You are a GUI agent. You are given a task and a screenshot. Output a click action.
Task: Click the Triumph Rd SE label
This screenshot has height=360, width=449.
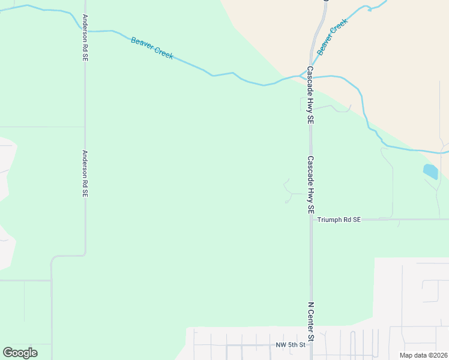click(x=339, y=220)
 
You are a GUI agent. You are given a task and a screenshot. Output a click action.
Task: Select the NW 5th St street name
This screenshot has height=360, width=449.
click(x=291, y=345)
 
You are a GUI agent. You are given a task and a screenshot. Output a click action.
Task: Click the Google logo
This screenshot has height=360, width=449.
click(x=20, y=353)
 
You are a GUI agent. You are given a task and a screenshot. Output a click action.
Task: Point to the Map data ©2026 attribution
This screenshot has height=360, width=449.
click(x=424, y=355)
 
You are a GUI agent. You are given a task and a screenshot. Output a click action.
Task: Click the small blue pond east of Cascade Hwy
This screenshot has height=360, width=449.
click(x=430, y=172)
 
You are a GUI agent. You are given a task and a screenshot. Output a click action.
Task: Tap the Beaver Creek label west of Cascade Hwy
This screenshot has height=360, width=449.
click(x=152, y=48)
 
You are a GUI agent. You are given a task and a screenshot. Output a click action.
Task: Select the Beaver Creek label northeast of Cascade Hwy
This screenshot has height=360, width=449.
click(x=333, y=37)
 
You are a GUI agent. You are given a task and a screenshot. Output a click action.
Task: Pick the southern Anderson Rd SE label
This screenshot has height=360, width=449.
click(x=85, y=174)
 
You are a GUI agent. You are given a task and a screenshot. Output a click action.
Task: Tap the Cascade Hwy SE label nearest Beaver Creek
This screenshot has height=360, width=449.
click(x=310, y=95)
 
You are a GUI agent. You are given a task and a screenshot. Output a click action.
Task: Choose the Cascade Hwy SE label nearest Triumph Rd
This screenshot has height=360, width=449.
click(x=310, y=186)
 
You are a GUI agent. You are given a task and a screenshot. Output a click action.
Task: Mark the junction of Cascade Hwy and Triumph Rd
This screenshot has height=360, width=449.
click(x=310, y=220)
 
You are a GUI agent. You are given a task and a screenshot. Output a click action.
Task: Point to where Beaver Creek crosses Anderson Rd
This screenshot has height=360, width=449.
click(x=85, y=30)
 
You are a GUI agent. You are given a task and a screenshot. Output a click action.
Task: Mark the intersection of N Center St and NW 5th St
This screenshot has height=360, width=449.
click(x=311, y=346)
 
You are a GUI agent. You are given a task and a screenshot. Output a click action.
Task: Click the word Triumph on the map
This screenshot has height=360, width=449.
click(x=330, y=220)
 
